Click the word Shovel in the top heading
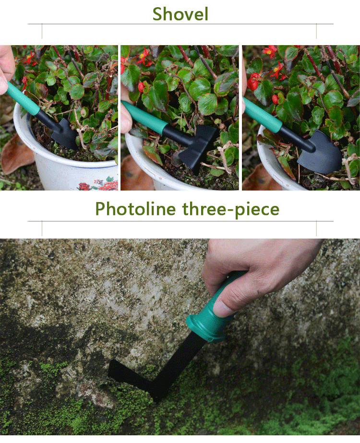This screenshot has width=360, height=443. (x=180, y=14)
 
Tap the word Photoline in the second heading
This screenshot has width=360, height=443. (x=135, y=209)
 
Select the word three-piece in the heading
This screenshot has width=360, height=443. (x=231, y=209)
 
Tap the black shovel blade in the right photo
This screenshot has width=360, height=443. (x=320, y=153)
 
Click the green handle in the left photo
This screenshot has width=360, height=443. (x=23, y=98)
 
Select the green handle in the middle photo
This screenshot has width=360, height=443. (x=144, y=118)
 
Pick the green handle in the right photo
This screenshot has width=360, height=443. (x=262, y=115)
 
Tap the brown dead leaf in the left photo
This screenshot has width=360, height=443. (x=17, y=154)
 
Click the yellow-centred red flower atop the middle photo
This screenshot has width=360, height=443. (x=143, y=56)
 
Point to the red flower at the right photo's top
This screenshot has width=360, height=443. (x=270, y=51)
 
